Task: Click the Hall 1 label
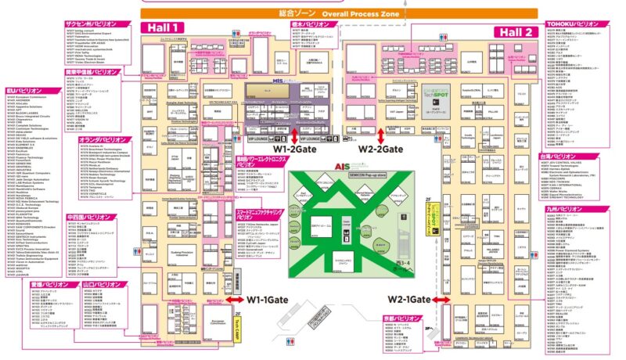(x=161, y=27)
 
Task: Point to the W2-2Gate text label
(x=380, y=148)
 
